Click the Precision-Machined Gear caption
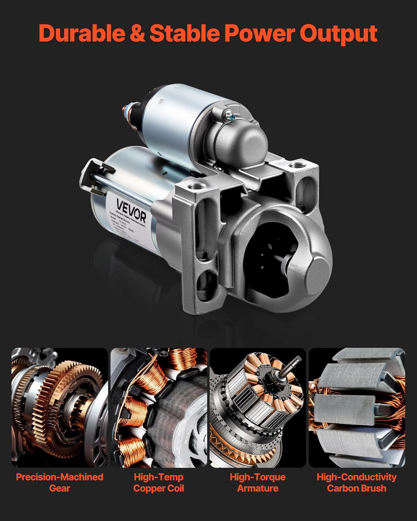pos(60,482)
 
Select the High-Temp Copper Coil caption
pos(158,482)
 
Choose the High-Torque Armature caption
pos(257,482)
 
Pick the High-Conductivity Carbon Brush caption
pos(357,482)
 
